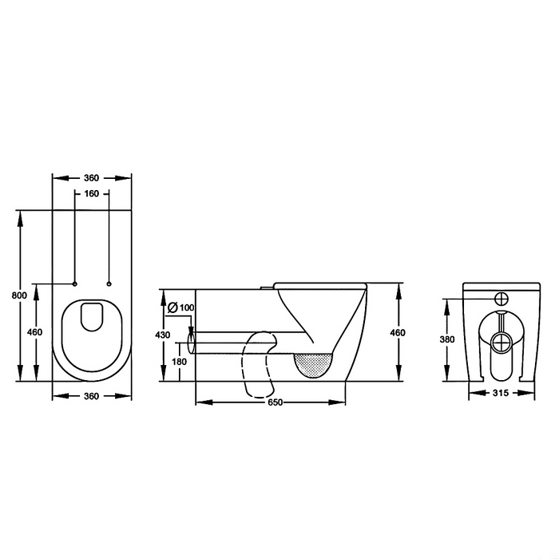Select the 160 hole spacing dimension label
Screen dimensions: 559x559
click(x=91, y=194)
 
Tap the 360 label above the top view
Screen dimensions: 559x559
click(x=91, y=177)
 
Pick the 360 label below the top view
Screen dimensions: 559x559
click(x=91, y=395)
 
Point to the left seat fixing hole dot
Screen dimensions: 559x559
click(x=74, y=283)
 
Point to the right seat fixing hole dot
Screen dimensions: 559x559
click(x=108, y=283)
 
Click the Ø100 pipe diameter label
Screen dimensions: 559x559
click(x=181, y=308)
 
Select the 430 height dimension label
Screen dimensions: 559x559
click(x=162, y=335)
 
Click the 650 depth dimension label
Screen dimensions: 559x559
click(x=274, y=402)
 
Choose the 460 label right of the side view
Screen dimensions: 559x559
click(x=398, y=332)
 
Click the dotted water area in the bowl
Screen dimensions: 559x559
click(x=313, y=363)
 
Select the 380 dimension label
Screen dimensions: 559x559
click(x=448, y=339)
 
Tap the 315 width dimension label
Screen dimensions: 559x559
click(x=501, y=393)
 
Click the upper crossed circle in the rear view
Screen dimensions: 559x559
click(x=501, y=299)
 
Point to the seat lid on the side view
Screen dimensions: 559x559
click(x=319, y=283)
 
